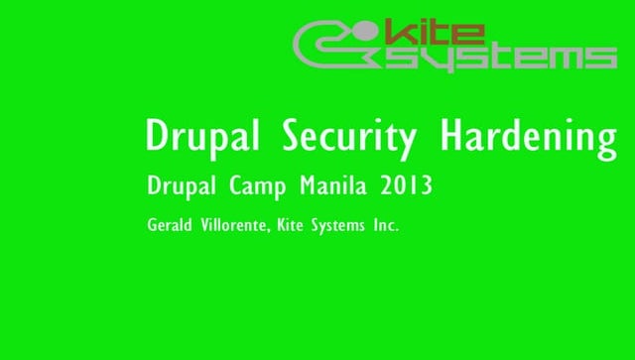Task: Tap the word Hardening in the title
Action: pyautogui.click(x=529, y=137)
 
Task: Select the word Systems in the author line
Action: pyautogui.click(x=336, y=226)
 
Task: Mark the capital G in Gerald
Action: pyautogui.click(x=152, y=225)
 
